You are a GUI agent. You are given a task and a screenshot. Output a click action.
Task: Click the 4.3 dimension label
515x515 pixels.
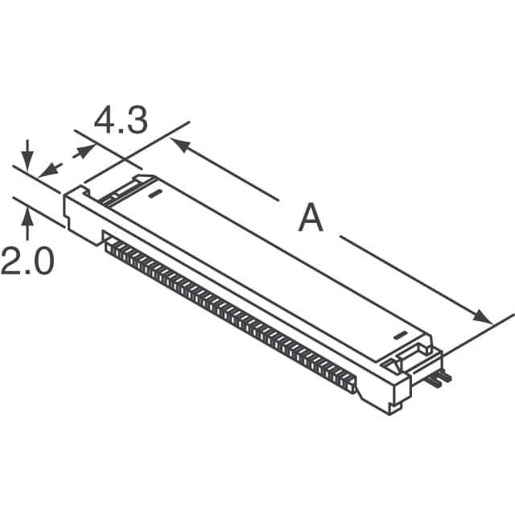tap(121, 121)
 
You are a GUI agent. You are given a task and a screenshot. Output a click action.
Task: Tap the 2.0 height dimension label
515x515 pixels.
tap(27, 262)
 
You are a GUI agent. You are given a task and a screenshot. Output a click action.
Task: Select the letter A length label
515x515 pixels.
tap(311, 218)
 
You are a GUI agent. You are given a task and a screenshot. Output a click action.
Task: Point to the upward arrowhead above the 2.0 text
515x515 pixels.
tap(28, 213)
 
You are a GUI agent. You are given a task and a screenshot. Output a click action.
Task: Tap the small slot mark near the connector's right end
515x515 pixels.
tap(400, 333)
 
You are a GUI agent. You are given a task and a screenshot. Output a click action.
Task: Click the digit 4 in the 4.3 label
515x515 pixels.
tap(106, 121)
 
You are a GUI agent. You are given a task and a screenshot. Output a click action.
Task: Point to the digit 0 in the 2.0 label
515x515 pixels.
tap(42, 262)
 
